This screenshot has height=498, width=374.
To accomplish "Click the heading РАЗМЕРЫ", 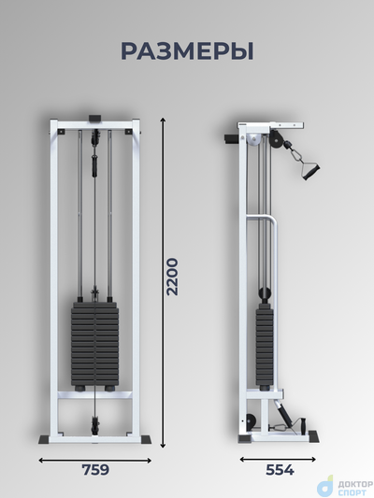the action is coord(187,51).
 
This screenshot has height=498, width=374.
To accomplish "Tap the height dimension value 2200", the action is coord(173,277).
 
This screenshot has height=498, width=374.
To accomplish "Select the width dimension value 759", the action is coord(95,470).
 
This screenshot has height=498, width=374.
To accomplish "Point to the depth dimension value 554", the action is coord(280,470).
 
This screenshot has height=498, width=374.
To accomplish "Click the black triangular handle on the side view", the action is coord(309,170).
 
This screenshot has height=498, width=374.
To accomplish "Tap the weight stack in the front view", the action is coord(94,344).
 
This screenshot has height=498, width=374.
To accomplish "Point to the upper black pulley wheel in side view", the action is coord(275,139).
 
